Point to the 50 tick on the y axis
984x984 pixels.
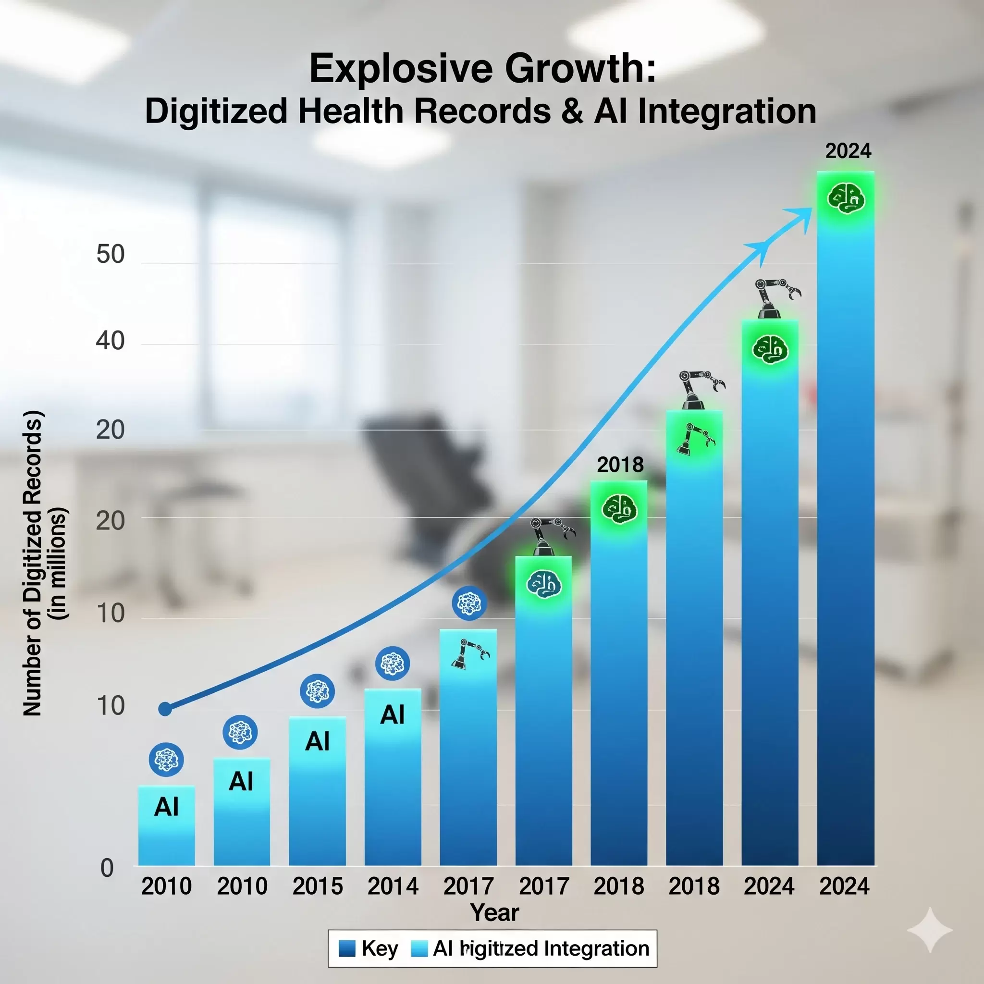(110, 254)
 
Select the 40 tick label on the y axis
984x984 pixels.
(110, 340)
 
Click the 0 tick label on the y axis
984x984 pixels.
(107, 868)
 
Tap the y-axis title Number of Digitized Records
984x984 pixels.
(32, 563)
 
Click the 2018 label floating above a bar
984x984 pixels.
(620, 465)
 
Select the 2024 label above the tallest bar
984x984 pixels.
(848, 151)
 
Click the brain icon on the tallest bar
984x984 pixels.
(846, 198)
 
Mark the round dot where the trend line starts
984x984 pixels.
(165, 709)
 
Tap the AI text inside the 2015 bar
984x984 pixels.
(317, 741)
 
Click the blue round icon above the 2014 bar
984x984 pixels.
(392, 663)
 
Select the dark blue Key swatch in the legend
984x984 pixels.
(347, 948)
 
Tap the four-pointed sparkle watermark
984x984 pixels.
(930, 930)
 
